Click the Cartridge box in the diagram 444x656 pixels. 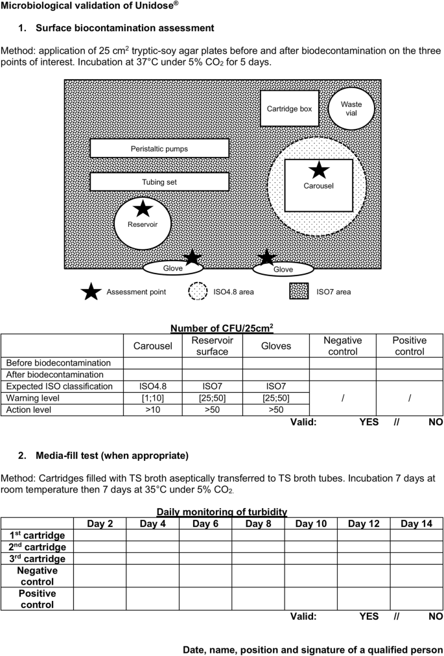[289, 109]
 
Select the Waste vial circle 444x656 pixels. [351, 108]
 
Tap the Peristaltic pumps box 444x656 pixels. [159, 148]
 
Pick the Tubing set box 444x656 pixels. [159, 182]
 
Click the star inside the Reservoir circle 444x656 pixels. [143, 208]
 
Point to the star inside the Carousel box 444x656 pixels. [318, 170]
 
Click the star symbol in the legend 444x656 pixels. [91, 292]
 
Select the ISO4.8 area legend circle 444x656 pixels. [198, 292]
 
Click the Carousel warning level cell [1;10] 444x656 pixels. [152, 398]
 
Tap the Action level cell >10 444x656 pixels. [152, 410]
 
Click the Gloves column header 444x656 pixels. [276, 346]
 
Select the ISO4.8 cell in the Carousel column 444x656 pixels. [152, 386]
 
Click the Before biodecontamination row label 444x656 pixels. [59, 363]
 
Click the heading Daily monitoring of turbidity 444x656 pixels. [222, 511]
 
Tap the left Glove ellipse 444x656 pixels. [172, 268]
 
